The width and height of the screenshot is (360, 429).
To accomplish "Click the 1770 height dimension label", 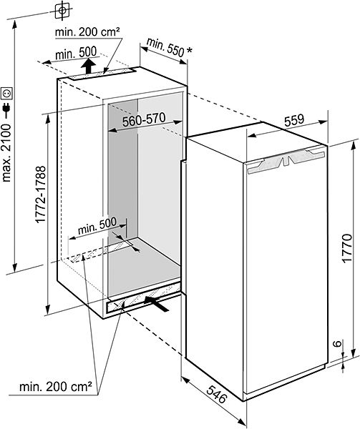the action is point(347,248).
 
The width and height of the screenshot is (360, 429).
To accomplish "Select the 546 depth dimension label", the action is point(217,394).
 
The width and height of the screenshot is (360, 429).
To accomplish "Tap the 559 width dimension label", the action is point(294,121).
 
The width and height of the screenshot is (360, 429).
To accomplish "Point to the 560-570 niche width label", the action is point(144,120).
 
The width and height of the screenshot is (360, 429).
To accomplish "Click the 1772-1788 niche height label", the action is point(41,194).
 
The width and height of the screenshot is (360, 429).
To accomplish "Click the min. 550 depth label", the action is point(165,47).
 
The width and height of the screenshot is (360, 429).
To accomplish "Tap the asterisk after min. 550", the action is point(189,50).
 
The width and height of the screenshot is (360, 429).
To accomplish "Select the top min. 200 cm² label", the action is point(87,32).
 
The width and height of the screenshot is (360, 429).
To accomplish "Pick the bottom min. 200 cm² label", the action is point(56,387).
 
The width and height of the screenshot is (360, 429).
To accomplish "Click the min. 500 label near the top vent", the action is point(76,53).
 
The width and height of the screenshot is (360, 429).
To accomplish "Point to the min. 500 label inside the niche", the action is point(97,226).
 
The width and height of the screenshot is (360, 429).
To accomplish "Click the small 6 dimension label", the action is point(339,343).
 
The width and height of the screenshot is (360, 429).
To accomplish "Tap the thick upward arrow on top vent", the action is point(88,66).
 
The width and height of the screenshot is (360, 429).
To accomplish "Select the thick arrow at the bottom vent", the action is point(156,303).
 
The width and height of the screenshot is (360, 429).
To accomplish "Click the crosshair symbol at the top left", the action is point(62,11).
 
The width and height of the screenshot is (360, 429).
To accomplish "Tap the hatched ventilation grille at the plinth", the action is point(143,298).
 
